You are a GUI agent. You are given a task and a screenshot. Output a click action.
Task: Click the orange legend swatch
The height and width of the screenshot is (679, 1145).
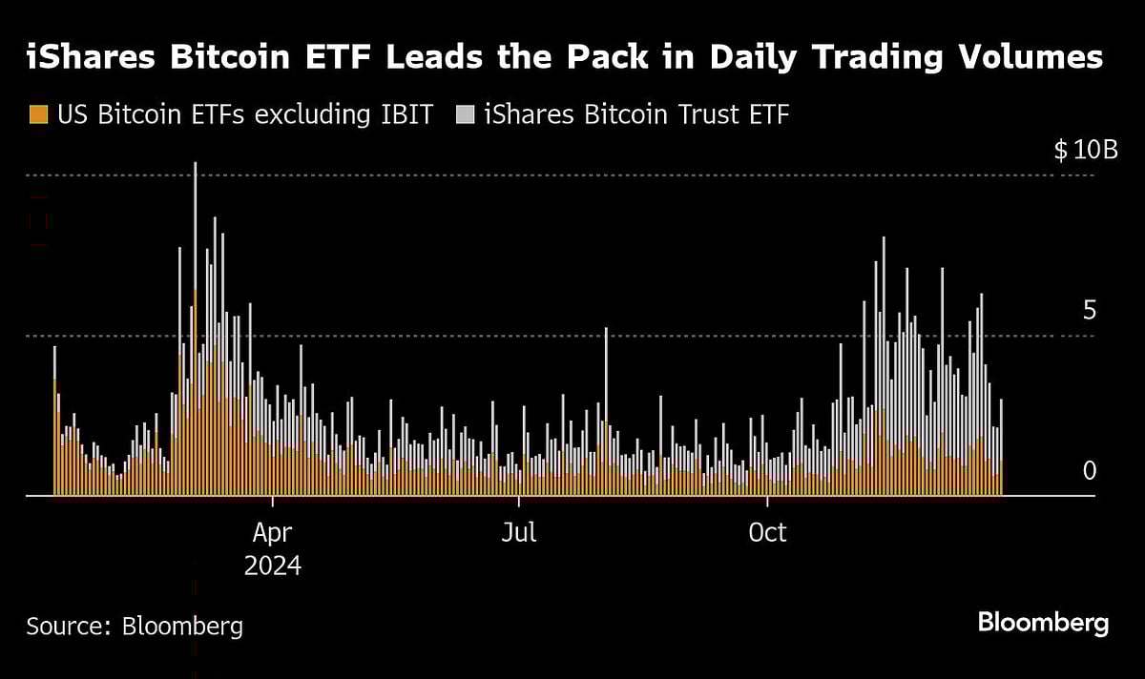[38, 115]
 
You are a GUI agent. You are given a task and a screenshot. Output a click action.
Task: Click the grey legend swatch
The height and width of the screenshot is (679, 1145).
[465, 115]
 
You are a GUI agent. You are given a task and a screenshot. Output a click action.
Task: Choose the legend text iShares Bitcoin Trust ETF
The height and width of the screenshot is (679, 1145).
[637, 115]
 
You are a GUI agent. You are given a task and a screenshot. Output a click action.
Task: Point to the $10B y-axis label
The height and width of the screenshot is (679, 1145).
[1085, 151]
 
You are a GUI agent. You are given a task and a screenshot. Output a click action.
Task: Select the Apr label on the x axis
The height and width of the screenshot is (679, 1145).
[273, 532]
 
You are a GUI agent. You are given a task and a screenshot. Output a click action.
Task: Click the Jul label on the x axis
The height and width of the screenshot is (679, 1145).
[519, 532]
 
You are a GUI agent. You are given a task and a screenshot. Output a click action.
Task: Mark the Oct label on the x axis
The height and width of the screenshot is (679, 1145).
[768, 532]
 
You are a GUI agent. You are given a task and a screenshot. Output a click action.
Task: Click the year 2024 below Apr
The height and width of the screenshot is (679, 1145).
[273, 566]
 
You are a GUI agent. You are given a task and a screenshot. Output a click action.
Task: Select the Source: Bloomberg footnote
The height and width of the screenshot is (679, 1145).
[135, 626]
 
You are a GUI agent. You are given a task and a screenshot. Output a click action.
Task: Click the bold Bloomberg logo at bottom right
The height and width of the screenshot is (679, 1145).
[1043, 624]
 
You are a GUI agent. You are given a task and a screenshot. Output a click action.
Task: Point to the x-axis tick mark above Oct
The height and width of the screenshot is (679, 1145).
[768, 501]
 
